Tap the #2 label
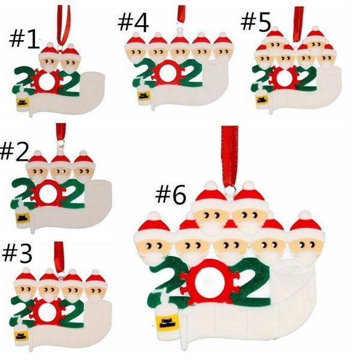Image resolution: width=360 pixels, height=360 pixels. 14,154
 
